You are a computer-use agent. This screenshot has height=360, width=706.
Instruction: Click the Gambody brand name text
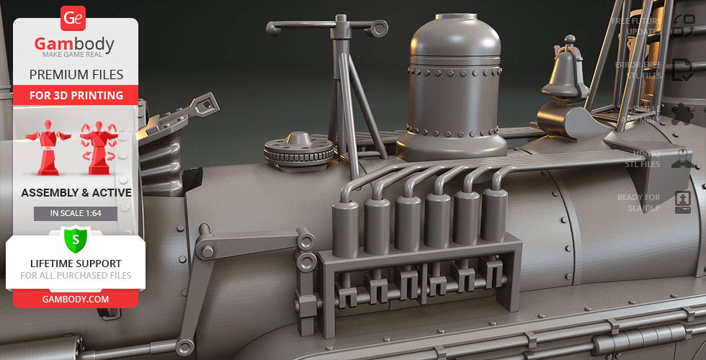click(75, 45)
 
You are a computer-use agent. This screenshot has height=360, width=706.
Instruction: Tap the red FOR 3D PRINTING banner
click(76, 95)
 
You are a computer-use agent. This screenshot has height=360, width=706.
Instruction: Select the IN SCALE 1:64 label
click(75, 214)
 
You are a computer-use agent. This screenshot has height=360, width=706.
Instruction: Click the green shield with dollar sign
click(76, 238)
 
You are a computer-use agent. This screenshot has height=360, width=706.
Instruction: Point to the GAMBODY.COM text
click(76, 298)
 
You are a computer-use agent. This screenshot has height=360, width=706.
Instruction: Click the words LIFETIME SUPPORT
click(76, 264)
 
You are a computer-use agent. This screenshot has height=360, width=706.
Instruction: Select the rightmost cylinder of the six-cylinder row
click(495, 214)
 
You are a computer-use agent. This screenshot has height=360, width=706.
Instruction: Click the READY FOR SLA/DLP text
click(638, 202)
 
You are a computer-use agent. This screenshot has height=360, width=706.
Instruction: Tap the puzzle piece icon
click(682, 114)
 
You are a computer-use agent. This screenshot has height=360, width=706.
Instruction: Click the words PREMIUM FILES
click(76, 74)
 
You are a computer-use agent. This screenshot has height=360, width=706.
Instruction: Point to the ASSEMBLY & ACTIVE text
click(76, 193)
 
